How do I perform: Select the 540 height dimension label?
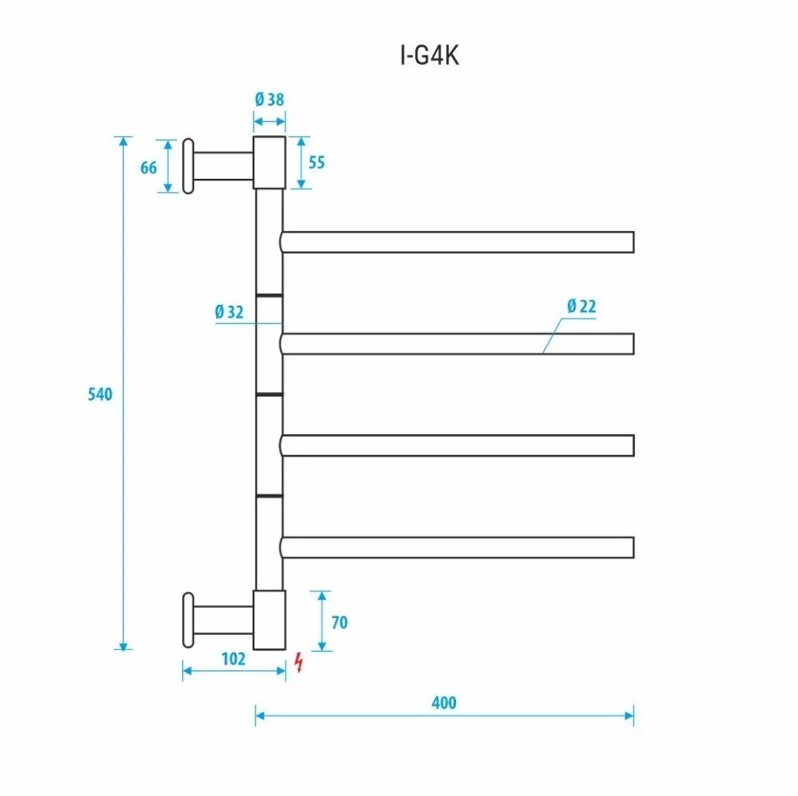click(100, 394)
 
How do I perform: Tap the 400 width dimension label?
click(444, 702)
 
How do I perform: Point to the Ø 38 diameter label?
click(270, 99)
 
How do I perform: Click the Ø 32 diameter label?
click(228, 312)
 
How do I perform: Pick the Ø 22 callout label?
click(580, 306)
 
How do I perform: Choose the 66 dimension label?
click(149, 167)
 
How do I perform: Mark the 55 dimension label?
click(316, 162)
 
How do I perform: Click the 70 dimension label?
click(339, 622)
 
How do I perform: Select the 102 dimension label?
click(233, 659)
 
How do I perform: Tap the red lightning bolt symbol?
click(297, 662)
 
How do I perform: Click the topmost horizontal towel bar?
click(457, 242)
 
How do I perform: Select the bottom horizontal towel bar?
click(457, 547)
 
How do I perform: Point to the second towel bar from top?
click(457, 344)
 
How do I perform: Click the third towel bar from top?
click(457, 445)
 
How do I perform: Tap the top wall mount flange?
click(188, 165)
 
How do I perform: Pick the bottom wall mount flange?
click(188, 621)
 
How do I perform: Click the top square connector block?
click(270, 162)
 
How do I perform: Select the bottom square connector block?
click(270, 620)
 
